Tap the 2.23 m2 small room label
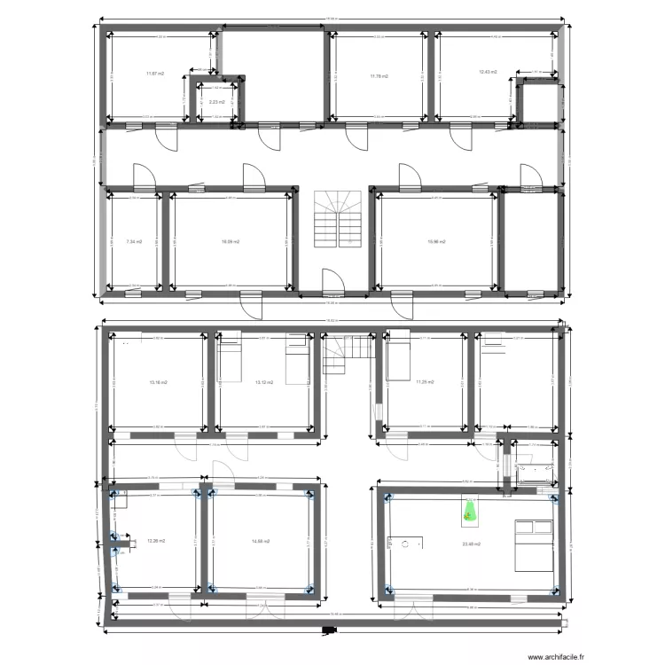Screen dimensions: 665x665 216,102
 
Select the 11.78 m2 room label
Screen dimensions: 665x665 379,77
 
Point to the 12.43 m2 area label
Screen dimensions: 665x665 488,72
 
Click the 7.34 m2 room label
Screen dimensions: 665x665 135,240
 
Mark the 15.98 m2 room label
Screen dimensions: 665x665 435,240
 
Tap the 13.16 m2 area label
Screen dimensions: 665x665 158,382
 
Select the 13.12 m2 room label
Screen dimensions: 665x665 263,382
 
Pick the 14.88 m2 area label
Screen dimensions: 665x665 260,540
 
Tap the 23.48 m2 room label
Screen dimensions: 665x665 469,544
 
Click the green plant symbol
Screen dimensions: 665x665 468,512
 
